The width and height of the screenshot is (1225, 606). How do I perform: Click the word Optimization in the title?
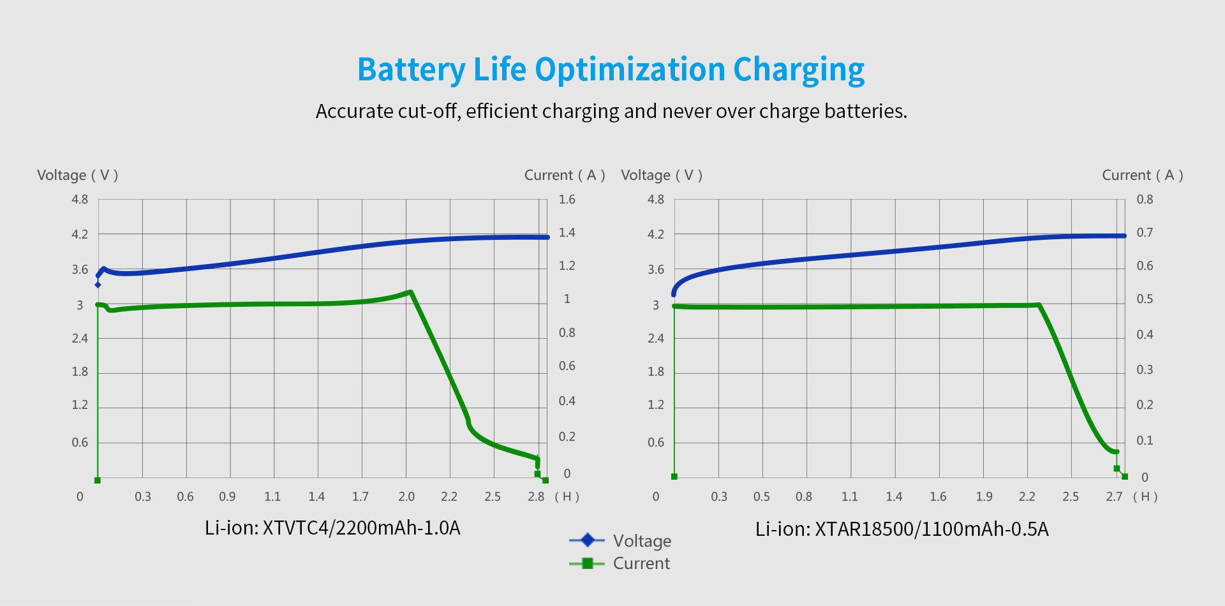pos(630,70)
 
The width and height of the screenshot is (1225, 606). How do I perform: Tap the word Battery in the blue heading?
pos(411,70)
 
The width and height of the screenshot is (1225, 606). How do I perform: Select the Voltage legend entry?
pos(641,541)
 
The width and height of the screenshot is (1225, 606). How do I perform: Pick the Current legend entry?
pos(641,563)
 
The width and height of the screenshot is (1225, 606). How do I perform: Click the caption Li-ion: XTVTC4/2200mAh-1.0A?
pos(332,528)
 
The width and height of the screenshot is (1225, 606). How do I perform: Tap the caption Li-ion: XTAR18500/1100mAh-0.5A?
pos(902,529)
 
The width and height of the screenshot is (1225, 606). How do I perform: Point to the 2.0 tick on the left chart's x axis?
pos(406,496)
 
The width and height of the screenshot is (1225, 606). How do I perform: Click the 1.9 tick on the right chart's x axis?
pos(984,496)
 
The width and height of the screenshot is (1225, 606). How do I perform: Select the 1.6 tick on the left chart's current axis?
pos(567,200)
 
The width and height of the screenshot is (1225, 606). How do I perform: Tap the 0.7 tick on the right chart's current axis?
pos(1145,233)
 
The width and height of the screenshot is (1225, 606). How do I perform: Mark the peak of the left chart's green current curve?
pos(410,292)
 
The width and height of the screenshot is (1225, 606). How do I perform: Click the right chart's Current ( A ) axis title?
pos(1142,175)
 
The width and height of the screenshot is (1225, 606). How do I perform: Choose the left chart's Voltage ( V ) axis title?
pos(77,175)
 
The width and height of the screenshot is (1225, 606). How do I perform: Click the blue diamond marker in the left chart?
pos(98,285)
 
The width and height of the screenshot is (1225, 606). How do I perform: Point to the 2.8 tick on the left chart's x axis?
pos(536,496)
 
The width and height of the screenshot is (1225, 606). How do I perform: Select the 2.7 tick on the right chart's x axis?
pos(1114,496)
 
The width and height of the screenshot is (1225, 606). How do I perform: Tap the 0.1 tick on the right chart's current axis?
pos(1145,441)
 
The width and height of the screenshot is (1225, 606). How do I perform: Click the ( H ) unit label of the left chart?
pos(567,496)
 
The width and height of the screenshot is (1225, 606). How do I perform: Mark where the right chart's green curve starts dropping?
pos(1039,305)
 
